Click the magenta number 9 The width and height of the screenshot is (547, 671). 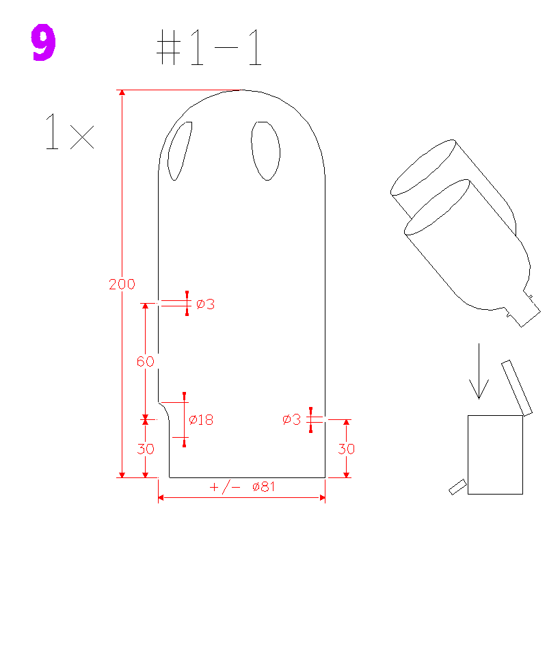tap(43, 42)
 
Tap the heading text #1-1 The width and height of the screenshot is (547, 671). tap(209, 47)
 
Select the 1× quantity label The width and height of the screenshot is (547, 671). tap(70, 131)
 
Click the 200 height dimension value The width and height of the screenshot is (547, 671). tap(122, 284)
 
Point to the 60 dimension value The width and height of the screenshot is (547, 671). tap(146, 362)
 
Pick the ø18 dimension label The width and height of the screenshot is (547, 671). tap(201, 420)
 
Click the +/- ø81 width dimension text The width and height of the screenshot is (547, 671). tap(242, 486)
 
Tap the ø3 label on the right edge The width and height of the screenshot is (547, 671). tap(292, 419)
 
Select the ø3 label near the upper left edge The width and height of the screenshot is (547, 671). tap(205, 304)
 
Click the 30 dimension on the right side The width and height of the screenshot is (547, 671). tap(347, 449)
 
